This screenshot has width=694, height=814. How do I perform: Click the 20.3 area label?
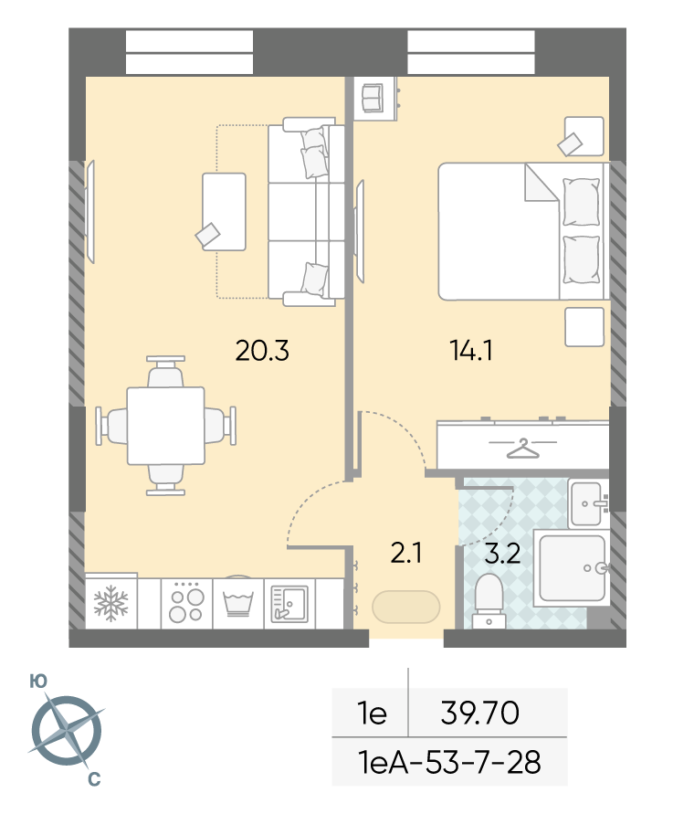click(262, 351)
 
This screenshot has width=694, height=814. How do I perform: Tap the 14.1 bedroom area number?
click(471, 351)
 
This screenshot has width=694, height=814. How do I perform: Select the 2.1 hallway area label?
click(406, 553)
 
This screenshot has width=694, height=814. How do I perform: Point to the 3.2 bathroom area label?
click(502, 554)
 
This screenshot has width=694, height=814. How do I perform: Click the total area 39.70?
click(479, 713)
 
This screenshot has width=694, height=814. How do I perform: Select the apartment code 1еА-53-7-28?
click(449, 762)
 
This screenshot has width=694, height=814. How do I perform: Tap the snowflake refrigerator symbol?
click(110, 603)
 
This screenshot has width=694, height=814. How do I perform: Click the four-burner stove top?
click(186, 603)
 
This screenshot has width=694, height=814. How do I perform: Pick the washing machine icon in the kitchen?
click(238, 603)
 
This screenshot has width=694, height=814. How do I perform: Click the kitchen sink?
click(289, 604)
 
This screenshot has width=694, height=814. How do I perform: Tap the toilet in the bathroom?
click(489, 601)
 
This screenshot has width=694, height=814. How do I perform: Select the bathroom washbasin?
click(587, 503)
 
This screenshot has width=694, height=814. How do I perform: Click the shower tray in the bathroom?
click(572, 568)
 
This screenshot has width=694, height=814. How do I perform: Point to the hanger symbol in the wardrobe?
click(523, 449)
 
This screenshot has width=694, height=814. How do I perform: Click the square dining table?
click(165, 426)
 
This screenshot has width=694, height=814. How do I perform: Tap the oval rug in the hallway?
click(406, 607)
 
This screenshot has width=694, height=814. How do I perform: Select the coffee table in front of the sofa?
click(224, 212)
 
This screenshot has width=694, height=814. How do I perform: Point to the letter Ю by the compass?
click(38, 682)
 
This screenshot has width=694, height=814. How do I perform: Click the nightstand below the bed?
click(584, 327)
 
